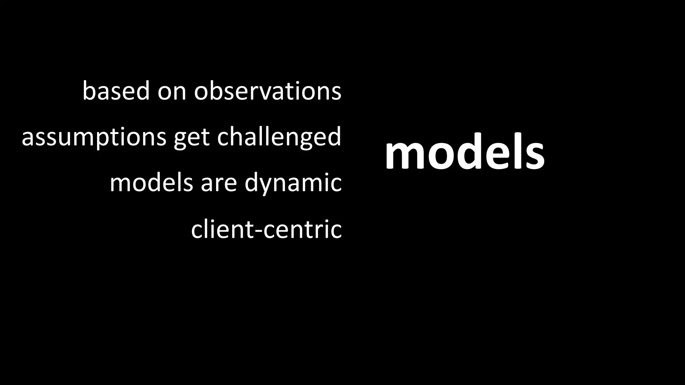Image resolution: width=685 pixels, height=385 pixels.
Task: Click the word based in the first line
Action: (116, 91)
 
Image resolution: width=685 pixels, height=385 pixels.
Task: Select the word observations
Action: (268, 91)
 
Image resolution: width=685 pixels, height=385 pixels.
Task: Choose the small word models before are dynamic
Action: (151, 183)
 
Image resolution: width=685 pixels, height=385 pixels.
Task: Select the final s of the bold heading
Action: (534, 156)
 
